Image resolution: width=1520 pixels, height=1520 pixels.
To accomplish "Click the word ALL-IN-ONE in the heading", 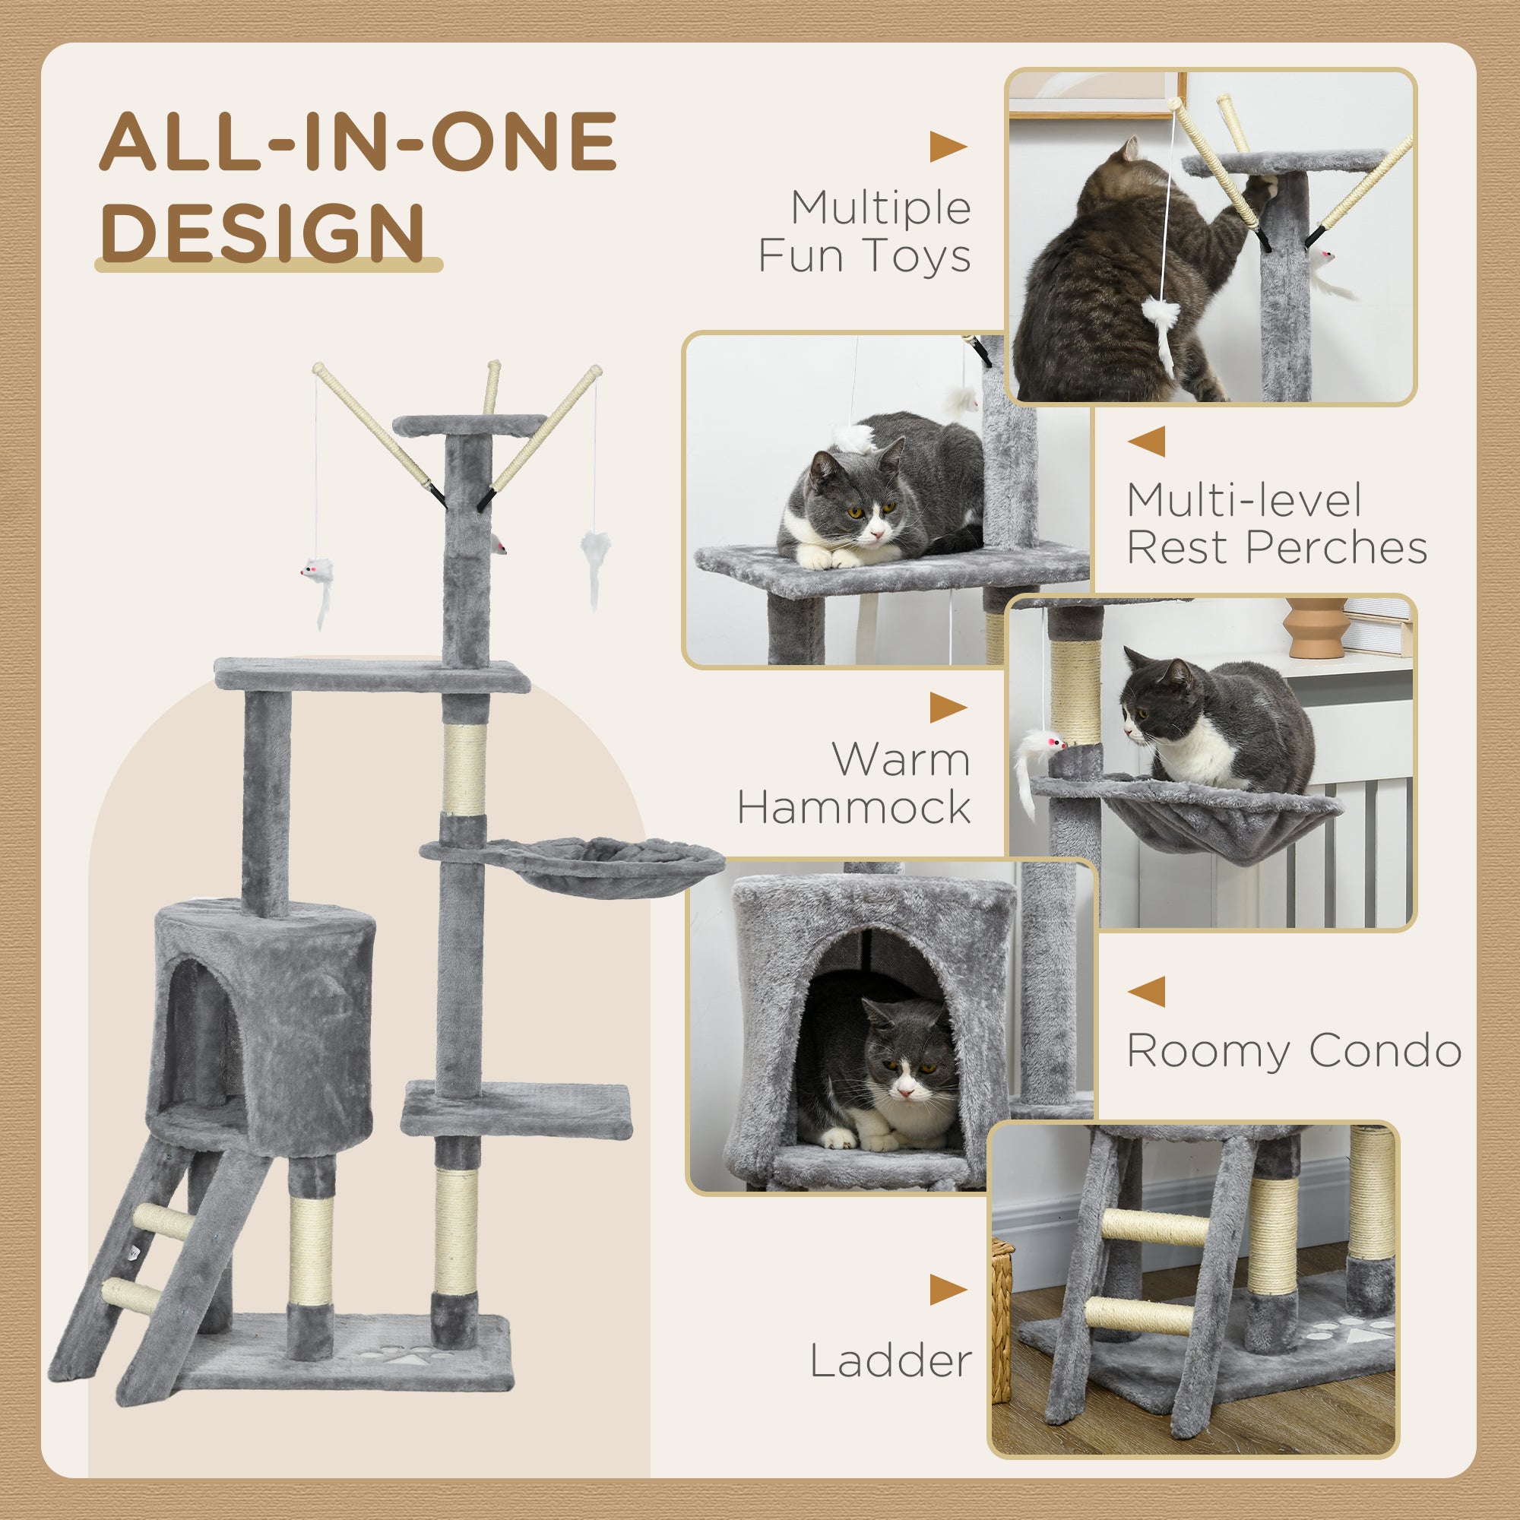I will coord(358,141).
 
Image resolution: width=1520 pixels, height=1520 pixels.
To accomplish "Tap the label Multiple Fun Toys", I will coord(865,232).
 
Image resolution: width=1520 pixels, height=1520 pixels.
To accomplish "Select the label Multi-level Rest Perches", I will coord(1276,524).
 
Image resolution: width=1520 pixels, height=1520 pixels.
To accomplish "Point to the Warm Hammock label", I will coord(855,784).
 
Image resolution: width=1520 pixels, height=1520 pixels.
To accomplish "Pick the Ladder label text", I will coord(891,1360).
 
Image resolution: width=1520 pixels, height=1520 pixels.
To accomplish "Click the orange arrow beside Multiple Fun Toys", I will coord(947,147).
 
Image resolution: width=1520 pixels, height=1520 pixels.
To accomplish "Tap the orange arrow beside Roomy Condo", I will coord(1146,991).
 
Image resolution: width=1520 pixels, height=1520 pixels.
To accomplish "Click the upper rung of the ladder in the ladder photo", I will coord(1154,1226).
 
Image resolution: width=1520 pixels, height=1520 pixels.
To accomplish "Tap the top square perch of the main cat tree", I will coord(469,426).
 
